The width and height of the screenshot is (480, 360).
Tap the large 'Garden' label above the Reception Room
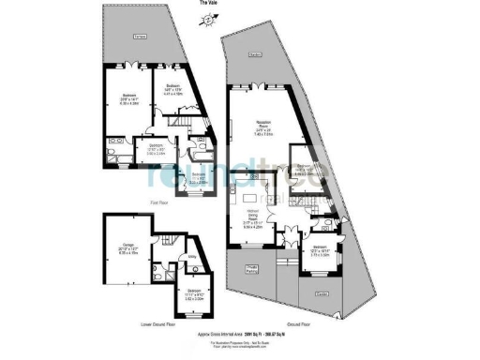click(255, 55)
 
